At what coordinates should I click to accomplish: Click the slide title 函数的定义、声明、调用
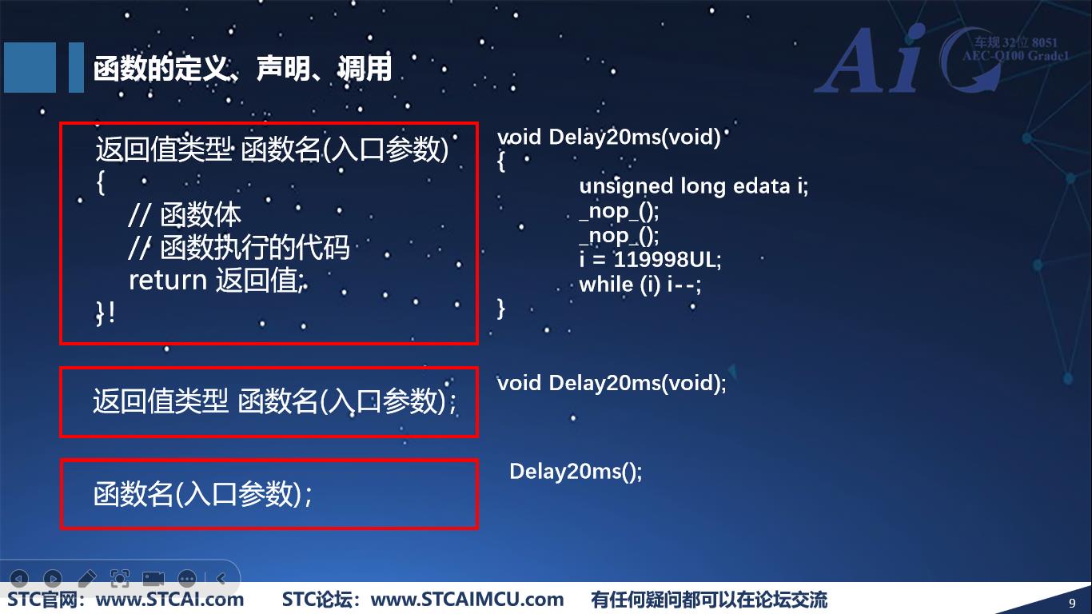(x=242, y=69)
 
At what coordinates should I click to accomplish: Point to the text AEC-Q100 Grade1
(x=1014, y=56)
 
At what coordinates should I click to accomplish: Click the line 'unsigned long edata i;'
(x=693, y=186)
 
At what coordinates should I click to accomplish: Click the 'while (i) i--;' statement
(x=640, y=284)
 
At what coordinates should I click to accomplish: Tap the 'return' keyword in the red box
(x=167, y=280)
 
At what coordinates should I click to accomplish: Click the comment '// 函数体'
(x=185, y=215)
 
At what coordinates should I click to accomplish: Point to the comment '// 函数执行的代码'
(x=238, y=248)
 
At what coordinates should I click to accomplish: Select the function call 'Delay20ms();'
(x=576, y=471)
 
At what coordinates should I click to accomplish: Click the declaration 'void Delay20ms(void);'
(x=612, y=383)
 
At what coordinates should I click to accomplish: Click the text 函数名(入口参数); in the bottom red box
(x=202, y=494)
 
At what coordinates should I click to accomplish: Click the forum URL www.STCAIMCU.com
(x=468, y=600)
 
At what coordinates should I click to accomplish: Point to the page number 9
(x=1072, y=602)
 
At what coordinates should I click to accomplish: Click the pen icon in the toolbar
(x=86, y=578)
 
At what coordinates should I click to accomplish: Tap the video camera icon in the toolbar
(x=153, y=578)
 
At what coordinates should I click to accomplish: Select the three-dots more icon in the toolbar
(x=187, y=578)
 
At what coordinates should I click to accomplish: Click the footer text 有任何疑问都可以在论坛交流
(x=709, y=600)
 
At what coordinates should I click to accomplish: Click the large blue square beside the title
(x=30, y=68)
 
